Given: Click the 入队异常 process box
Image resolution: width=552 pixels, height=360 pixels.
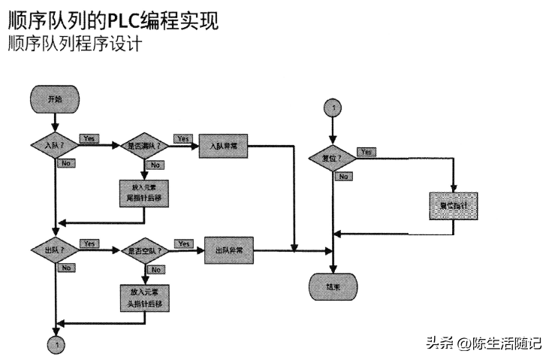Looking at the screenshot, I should click(x=224, y=145).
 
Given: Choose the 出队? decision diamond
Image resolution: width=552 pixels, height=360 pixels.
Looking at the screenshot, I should click(x=55, y=250).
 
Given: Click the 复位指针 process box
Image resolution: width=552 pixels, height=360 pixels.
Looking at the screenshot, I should click(x=454, y=204).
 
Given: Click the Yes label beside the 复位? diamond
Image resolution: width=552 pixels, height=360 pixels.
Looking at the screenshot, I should click(x=367, y=152).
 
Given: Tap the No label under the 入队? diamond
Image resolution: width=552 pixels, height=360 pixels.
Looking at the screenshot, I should click(x=66, y=162).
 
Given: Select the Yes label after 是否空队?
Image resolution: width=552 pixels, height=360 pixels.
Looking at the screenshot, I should click(x=183, y=244).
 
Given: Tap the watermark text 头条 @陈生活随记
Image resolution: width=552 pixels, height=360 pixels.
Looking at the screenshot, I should click(x=483, y=343).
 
